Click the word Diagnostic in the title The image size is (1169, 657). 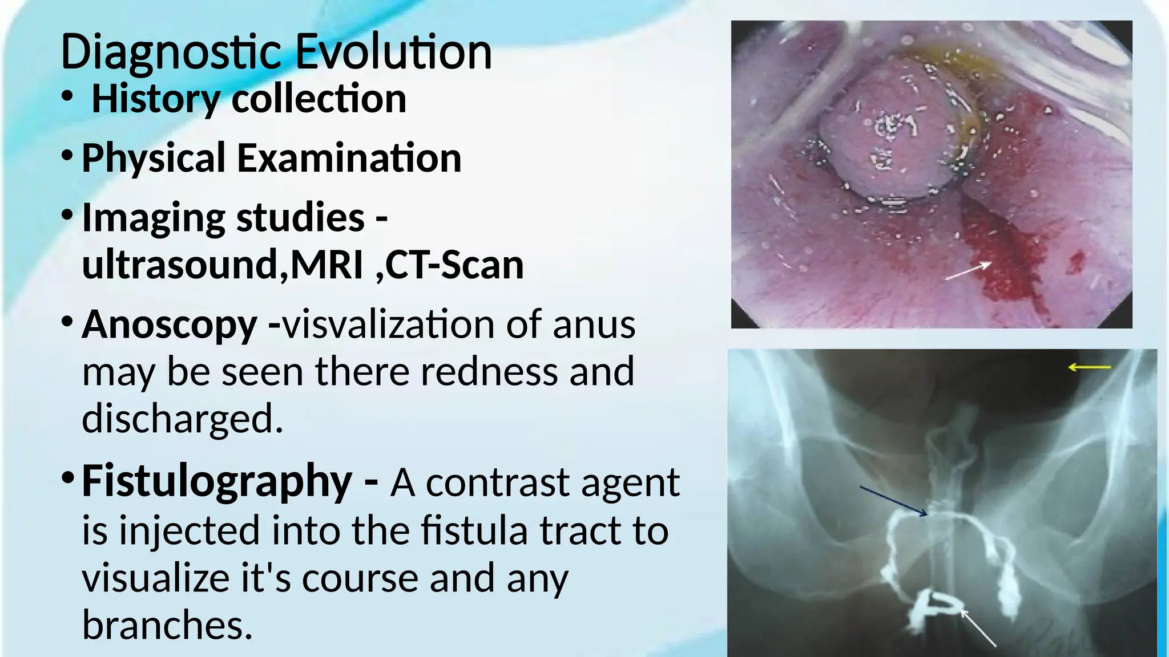point(171,52)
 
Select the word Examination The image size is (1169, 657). point(349,158)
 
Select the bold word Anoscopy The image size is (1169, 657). point(170,325)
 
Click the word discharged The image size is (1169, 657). point(182,419)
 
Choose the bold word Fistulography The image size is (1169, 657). point(217,481)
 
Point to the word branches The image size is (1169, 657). point(167,625)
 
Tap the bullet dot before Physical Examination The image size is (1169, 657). point(67,155)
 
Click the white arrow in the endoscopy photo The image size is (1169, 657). point(968,271)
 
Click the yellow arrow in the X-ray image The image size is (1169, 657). point(1089,368)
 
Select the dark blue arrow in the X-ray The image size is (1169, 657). point(893,501)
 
